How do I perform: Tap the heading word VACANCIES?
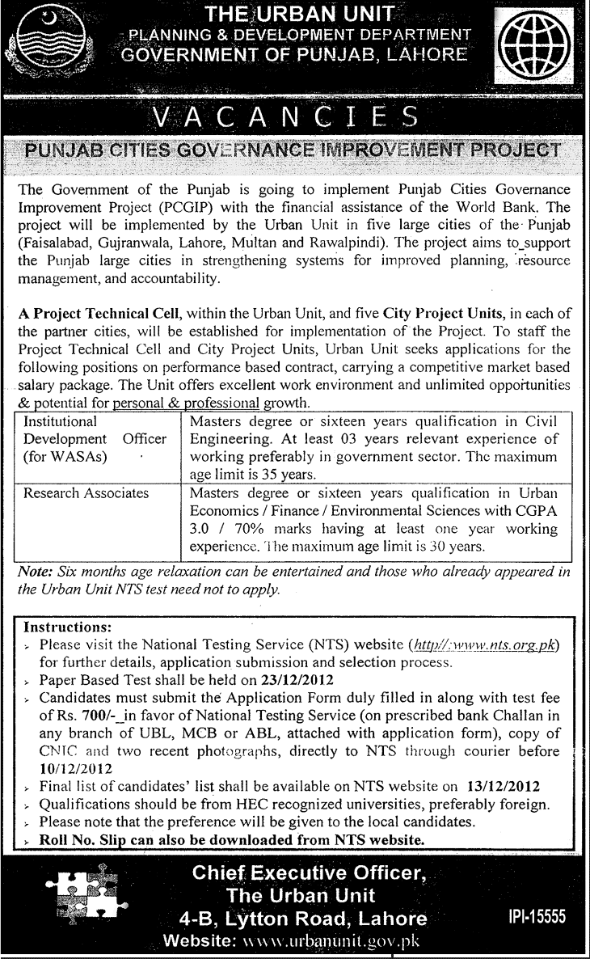[x=293, y=119]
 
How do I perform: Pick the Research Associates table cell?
[x=86, y=492]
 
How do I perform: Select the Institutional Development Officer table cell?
[x=95, y=439]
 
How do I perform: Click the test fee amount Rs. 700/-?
[x=82, y=714]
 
